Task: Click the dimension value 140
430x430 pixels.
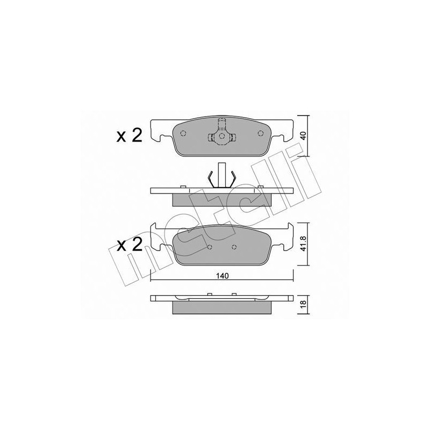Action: click(223, 276)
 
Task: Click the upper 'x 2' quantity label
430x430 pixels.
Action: click(129, 135)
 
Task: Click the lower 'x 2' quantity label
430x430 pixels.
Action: click(129, 245)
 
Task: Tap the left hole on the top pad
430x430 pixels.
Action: click(182, 134)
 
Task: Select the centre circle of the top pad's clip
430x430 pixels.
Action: click(220, 137)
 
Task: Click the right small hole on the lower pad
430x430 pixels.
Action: click(234, 247)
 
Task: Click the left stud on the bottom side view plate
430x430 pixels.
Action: click(207, 294)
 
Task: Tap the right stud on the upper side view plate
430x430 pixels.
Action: click(261, 187)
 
